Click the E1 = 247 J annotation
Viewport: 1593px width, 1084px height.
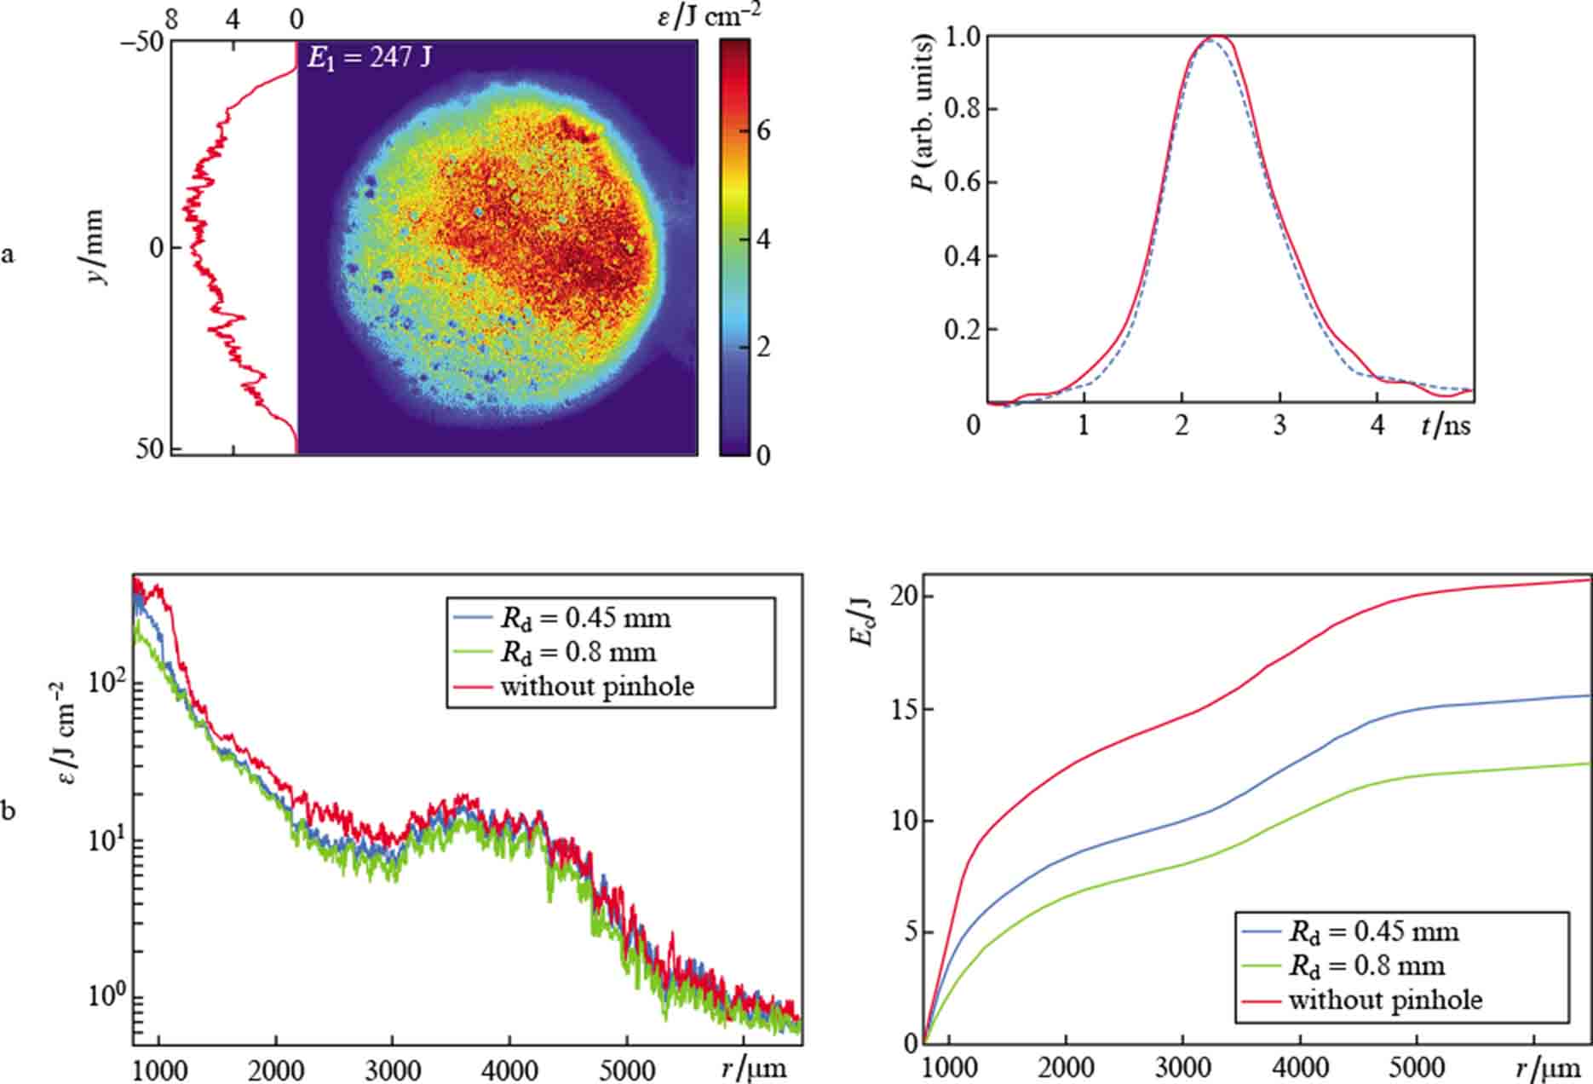pos(370,58)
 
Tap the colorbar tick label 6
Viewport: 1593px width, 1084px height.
pos(763,130)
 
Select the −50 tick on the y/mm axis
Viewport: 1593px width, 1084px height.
pos(142,43)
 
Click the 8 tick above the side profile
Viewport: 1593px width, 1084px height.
pos(172,19)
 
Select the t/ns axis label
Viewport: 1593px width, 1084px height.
pos(1445,424)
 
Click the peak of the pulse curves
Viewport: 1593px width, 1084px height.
pos(1214,37)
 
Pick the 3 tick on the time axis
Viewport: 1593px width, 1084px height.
pos(1280,425)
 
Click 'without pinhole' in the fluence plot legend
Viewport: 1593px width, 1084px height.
pos(596,687)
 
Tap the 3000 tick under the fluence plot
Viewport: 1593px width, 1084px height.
pos(392,1069)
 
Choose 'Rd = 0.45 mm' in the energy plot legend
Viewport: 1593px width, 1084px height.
pos(1373,931)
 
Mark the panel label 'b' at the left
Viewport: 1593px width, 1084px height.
pos(9,810)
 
